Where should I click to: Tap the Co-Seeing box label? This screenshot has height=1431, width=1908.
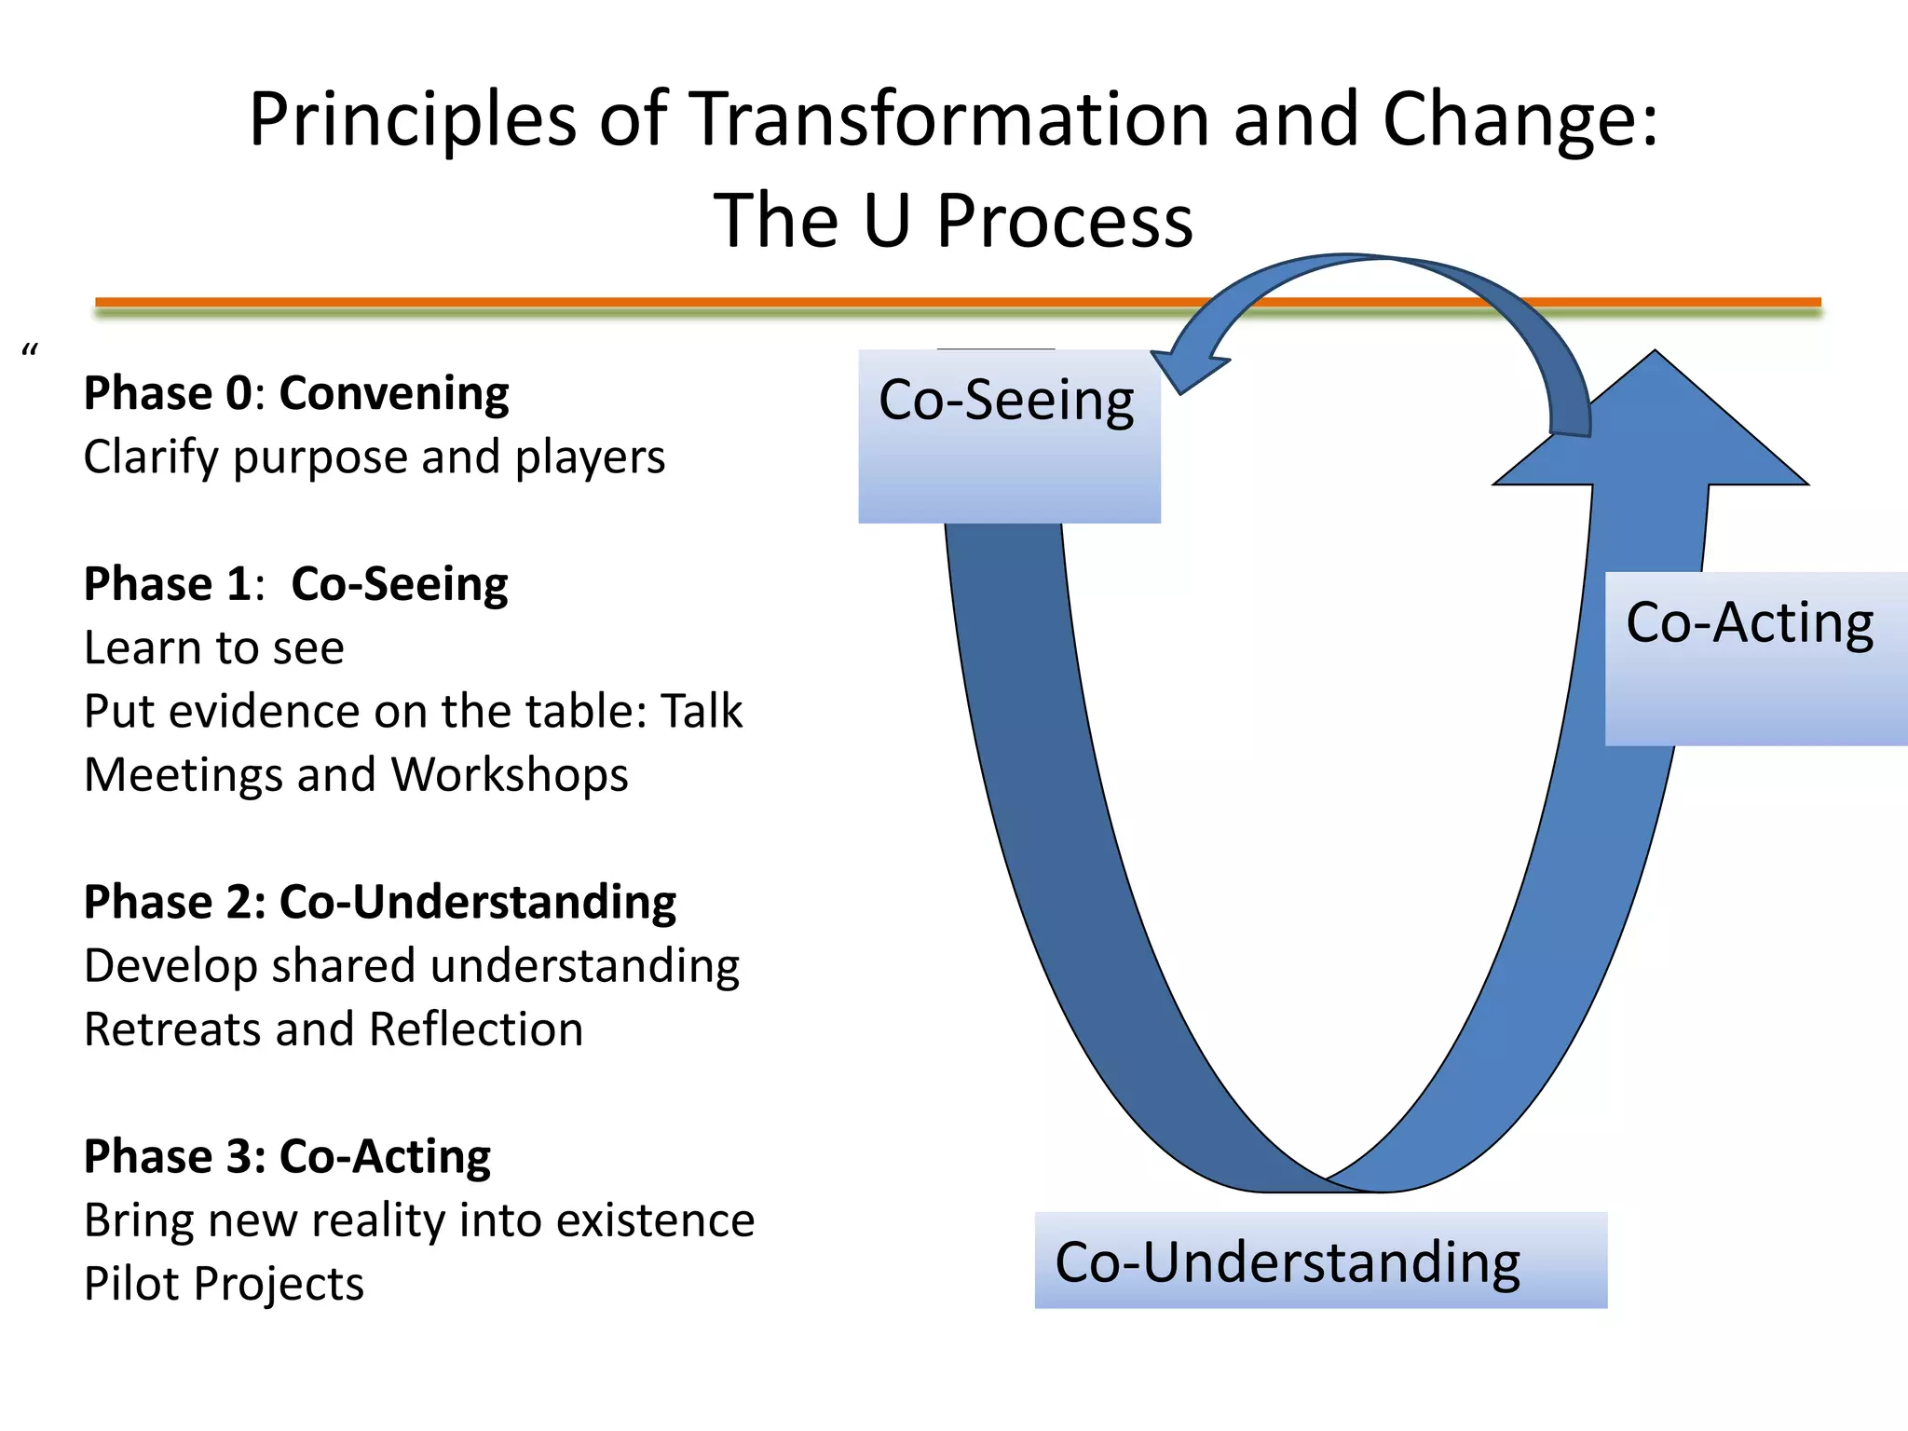click(1006, 401)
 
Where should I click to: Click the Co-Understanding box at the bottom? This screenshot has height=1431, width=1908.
click(1319, 1261)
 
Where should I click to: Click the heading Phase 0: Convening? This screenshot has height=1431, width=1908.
click(296, 393)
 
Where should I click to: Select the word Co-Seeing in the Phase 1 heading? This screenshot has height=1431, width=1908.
click(399, 585)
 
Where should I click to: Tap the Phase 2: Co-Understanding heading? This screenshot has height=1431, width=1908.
click(380, 902)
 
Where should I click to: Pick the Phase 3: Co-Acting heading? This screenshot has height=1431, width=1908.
click(287, 1156)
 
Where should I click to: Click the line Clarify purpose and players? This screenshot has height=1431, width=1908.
click(375, 457)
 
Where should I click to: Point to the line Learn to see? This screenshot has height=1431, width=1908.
click(214, 647)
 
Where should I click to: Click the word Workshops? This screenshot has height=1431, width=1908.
click(509, 775)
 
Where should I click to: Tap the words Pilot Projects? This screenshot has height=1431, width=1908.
click(224, 1284)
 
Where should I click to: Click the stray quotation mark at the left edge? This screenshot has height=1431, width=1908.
click(30, 351)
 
